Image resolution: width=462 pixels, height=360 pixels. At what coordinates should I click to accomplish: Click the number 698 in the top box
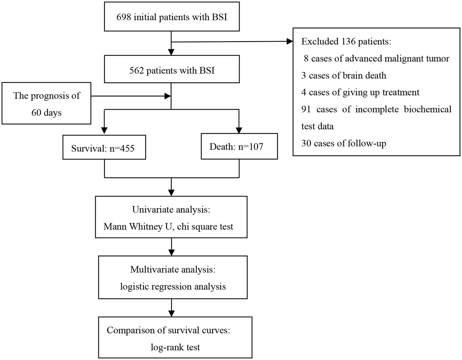(x=124, y=17)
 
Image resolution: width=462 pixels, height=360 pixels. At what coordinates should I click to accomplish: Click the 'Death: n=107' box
(x=239, y=146)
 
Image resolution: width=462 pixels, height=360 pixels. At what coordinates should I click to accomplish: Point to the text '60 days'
(x=46, y=113)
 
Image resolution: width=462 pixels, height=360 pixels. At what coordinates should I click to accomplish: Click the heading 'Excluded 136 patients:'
(x=346, y=42)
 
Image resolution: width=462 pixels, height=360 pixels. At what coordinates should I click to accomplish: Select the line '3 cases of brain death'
(x=344, y=75)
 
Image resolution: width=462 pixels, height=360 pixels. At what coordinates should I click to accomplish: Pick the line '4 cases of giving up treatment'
(x=360, y=92)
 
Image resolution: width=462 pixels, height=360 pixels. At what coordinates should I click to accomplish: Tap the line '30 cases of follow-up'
(x=344, y=143)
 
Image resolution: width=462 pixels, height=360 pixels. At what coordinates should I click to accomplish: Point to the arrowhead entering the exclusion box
(x=290, y=42)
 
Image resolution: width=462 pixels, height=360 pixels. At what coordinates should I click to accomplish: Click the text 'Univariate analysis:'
(x=171, y=209)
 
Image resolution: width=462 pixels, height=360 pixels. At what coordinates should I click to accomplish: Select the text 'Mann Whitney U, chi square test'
(x=169, y=226)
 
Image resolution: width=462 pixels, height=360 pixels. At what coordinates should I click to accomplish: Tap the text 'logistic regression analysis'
(x=173, y=286)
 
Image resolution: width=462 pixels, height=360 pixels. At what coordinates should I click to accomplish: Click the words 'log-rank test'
(x=175, y=347)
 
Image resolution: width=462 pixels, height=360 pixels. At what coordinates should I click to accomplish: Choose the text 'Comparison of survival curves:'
(x=169, y=330)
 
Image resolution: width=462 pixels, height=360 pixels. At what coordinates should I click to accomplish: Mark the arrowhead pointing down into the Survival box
(x=104, y=130)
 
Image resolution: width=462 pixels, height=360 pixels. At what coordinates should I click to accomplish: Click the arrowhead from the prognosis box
(x=167, y=96)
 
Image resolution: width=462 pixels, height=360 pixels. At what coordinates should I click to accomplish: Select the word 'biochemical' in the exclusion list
(x=427, y=109)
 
